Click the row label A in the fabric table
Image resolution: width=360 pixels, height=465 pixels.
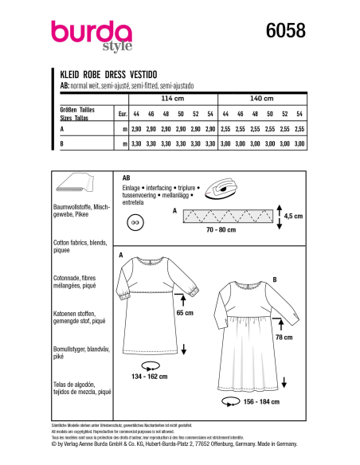(x=62, y=127)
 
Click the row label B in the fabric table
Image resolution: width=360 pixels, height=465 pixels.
(x=62, y=144)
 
